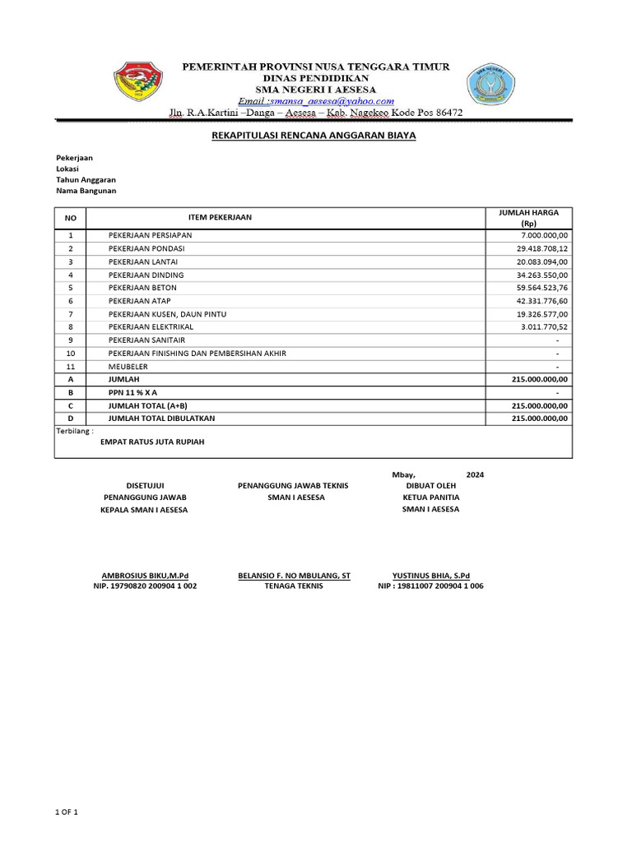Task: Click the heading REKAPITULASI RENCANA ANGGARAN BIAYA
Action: pos(314,136)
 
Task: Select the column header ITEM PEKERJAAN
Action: pos(221,217)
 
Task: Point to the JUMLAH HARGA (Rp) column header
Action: pos(528,218)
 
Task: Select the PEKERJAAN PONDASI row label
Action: pos(146,248)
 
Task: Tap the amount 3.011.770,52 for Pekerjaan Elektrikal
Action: pos(539,327)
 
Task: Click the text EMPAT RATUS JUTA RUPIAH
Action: pos(152,442)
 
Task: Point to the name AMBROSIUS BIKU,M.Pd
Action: pos(145,576)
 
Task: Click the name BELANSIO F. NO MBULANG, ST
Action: pos(294,576)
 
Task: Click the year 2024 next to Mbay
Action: pos(475,475)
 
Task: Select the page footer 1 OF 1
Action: pos(67,812)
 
